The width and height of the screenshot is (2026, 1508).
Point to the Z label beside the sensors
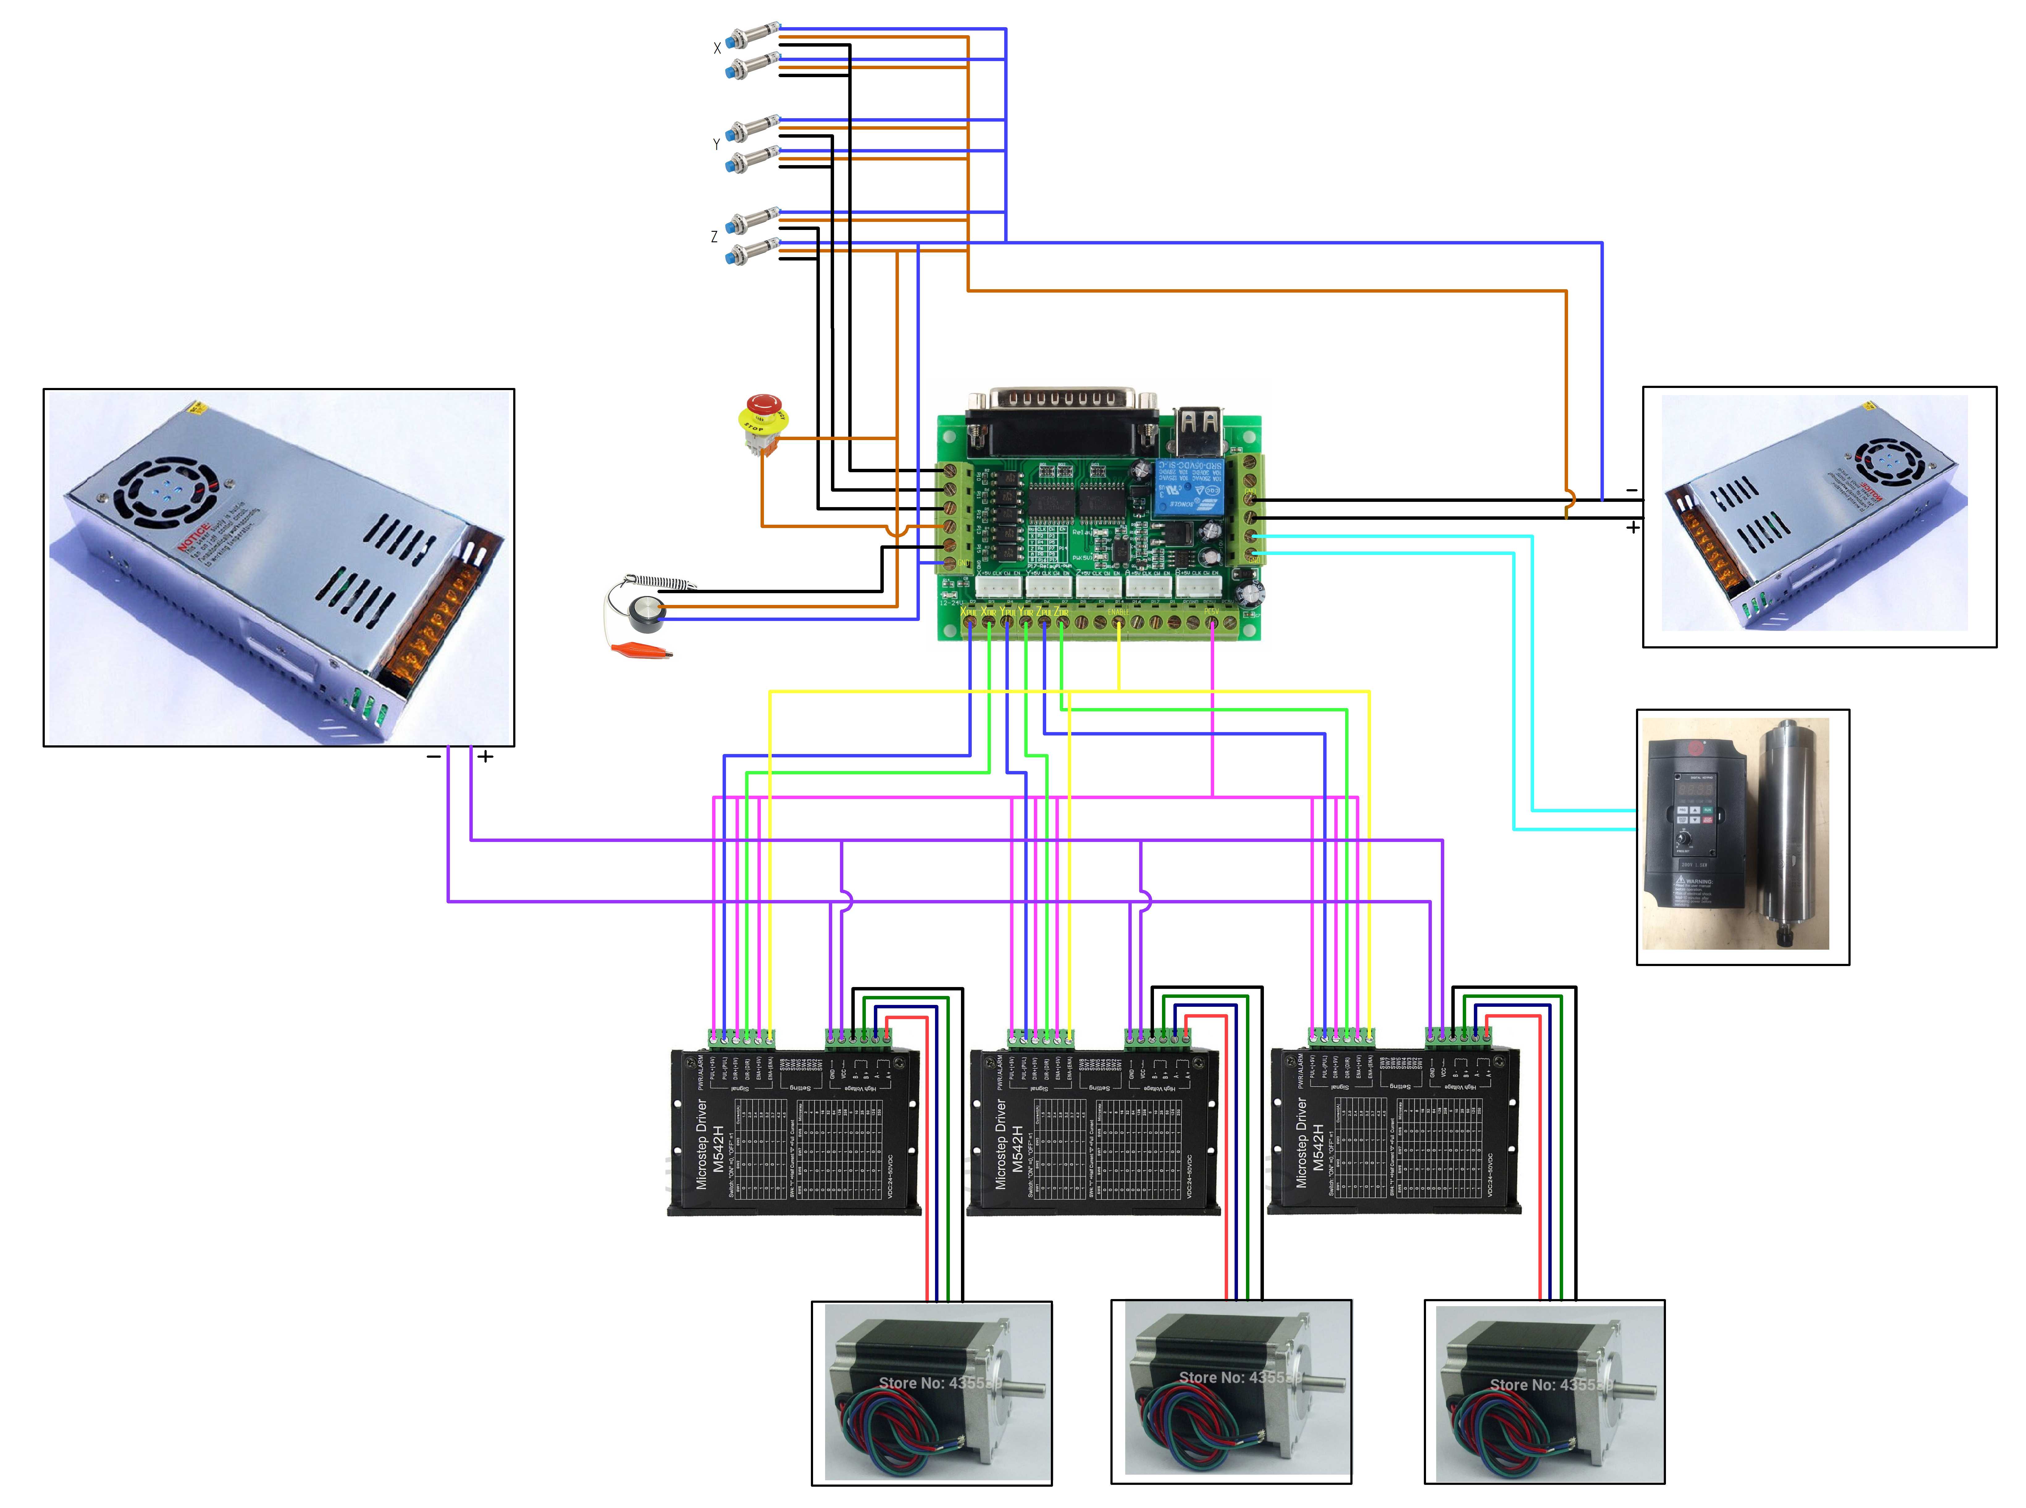[714, 236]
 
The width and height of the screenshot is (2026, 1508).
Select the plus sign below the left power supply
[485, 757]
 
